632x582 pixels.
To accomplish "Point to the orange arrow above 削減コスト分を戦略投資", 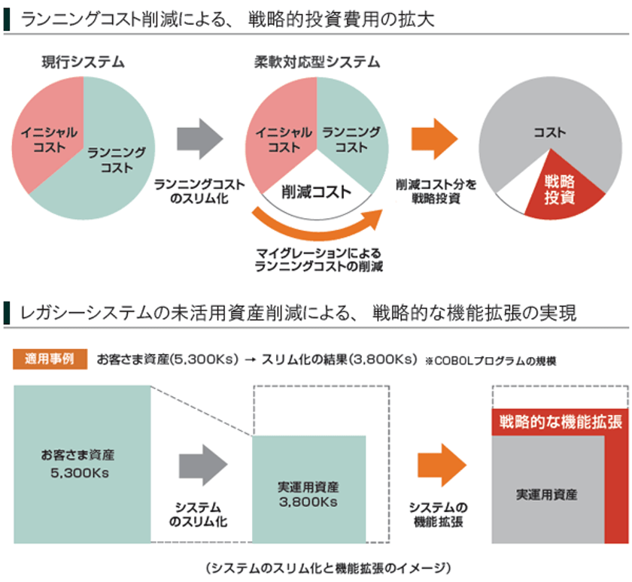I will pos(433,138).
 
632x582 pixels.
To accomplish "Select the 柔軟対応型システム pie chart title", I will pos(316,62).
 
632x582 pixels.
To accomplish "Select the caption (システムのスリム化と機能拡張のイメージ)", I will pos(316,566).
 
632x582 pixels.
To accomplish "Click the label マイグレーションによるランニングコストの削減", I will pos(318,259).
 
